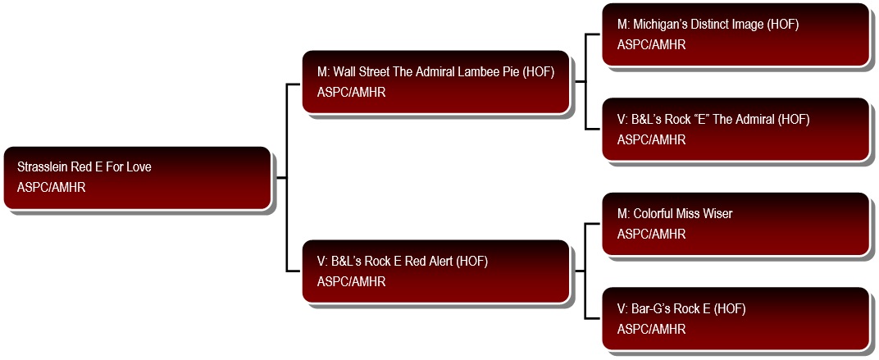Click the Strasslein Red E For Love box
coord(138,178)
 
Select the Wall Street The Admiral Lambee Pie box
coord(436,82)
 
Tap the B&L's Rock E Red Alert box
coord(436,271)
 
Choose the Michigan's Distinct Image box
coord(736,34)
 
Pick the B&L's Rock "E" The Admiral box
coord(736,129)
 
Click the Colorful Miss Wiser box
coord(736,224)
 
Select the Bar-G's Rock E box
coord(736,318)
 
